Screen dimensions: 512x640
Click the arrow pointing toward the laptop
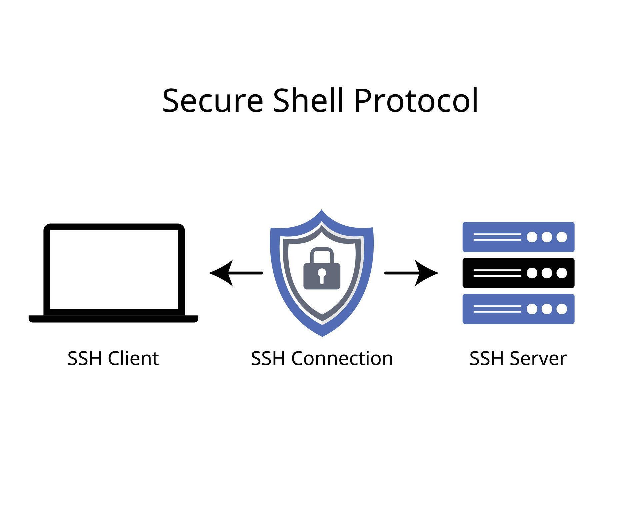(x=235, y=273)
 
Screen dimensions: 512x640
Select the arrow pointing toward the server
(x=412, y=273)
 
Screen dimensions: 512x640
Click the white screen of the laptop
(x=114, y=269)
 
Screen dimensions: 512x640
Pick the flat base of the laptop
(x=113, y=319)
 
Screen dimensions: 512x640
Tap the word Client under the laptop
(x=133, y=359)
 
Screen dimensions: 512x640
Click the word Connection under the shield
(x=342, y=359)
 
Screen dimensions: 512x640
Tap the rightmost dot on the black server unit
(x=562, y=273)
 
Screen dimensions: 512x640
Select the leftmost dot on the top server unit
(x=532, y=237)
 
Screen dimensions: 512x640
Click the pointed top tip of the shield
(x=321, y=211)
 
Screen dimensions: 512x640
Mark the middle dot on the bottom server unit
(x=547, y=309)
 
